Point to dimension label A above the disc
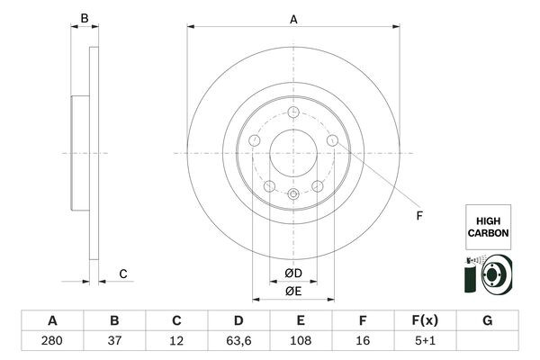pyautogui.click(x=292, y=18)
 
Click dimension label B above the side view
pyautogui.click(x=84, y=18)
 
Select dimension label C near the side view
pyautogui.click(x=123, y=274)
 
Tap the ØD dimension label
pyautogui.click(x=292, y=273)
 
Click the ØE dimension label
pyautogui.click(x=292, y=290)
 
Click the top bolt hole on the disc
pyautogui.click(x=292, y=112)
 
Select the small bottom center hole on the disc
pyautogui.click(x=292, y=193)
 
